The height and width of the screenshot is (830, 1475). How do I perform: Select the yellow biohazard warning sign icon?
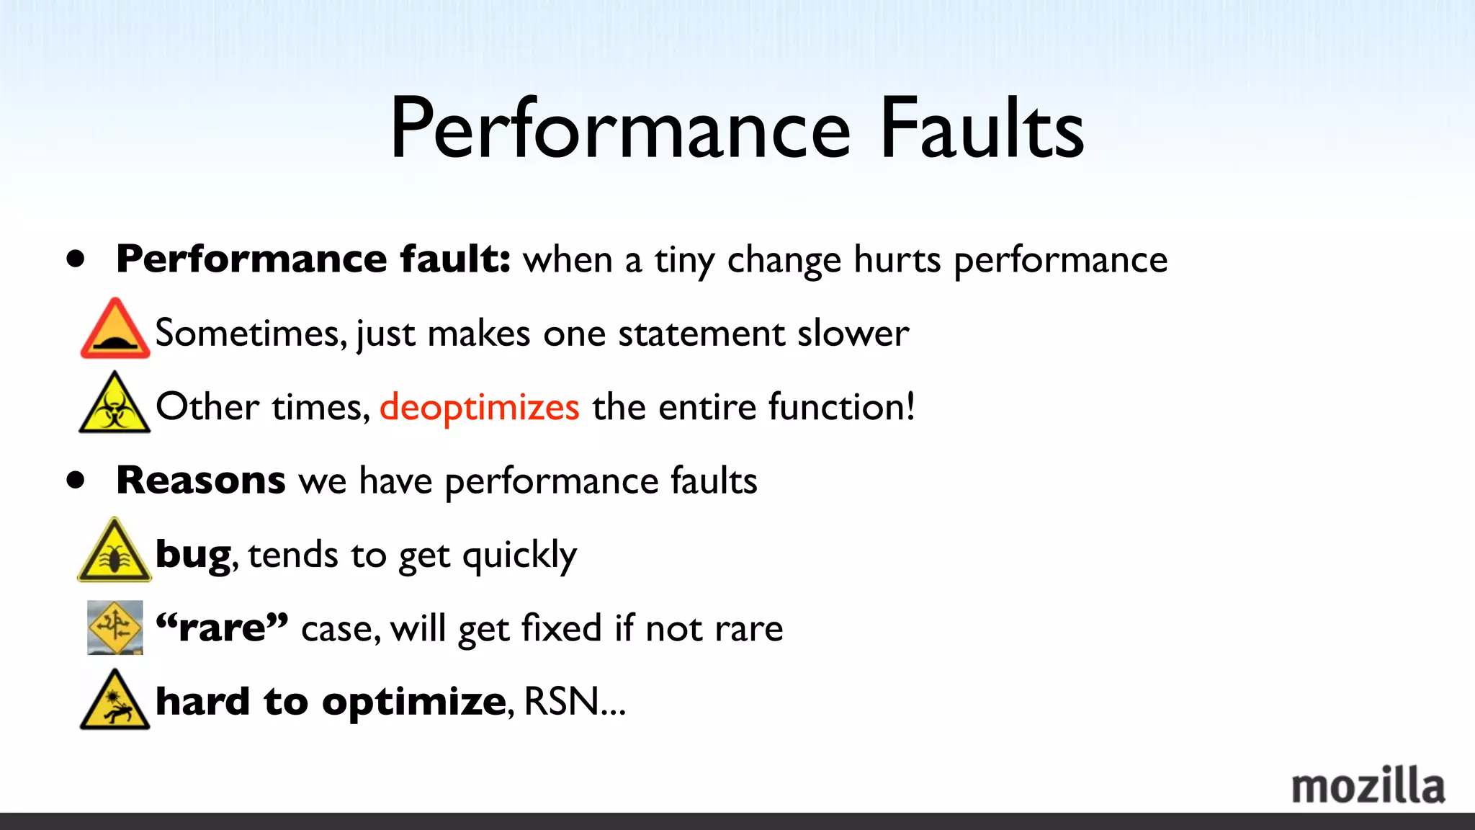(x=115, y=404)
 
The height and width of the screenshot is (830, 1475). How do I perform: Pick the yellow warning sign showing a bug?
(x=115, y=551)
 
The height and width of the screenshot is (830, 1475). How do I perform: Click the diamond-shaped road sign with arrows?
(x=115, y=627)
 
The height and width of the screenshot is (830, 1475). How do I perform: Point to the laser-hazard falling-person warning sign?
(x=115, y=700)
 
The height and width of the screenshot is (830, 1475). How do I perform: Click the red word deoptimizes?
(x=479, y=406)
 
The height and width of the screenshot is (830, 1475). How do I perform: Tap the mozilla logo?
(x=1368, y=786)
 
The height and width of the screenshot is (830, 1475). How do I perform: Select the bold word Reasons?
(x=201, y=480)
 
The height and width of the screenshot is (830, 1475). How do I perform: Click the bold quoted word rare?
(x=223, y=628)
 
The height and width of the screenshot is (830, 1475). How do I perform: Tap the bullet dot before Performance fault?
(x=76, y=259)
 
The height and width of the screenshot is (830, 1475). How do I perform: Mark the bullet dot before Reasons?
(x=76, y=480)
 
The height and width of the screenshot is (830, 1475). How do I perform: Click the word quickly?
(x=519, y=555)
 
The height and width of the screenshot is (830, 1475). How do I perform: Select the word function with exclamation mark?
(x=842, y=406)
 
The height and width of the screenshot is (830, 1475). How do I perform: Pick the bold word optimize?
(x=414, y=702)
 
